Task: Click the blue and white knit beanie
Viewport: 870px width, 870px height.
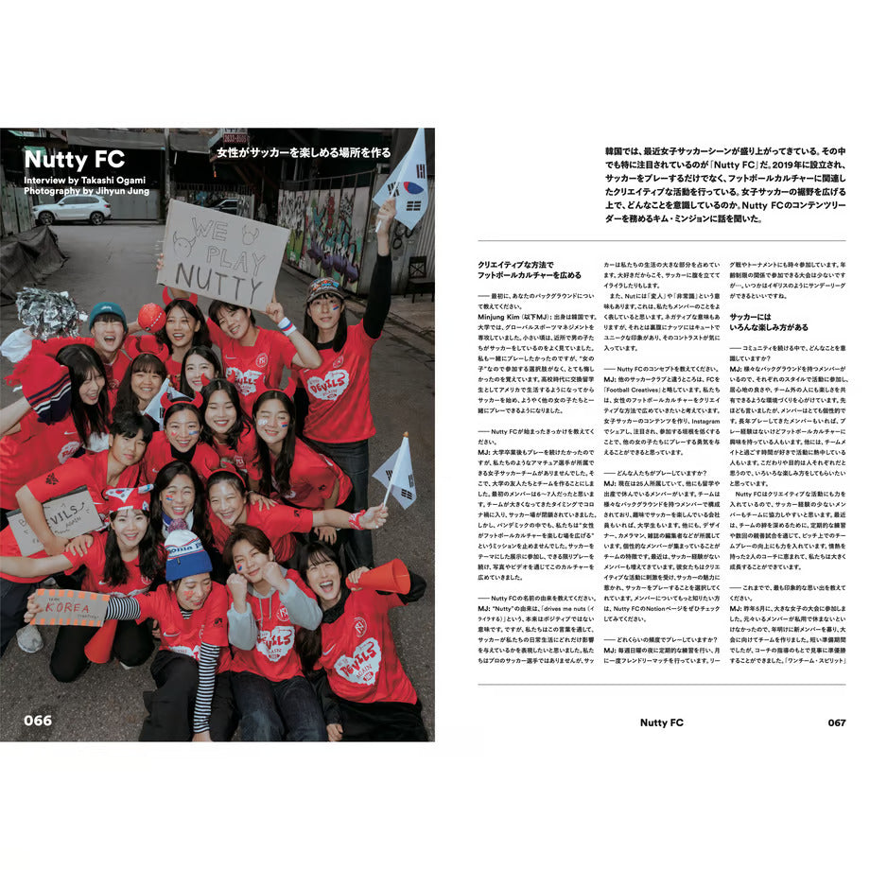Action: point(188,555)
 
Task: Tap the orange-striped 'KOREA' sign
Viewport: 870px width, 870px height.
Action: point(72,606)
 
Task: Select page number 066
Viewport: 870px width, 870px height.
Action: point(38,721)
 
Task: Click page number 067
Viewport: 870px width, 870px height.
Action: point(836,722)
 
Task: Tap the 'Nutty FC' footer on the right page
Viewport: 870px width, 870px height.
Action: point(661,722)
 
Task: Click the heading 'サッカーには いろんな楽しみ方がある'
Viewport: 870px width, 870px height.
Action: point(769,322)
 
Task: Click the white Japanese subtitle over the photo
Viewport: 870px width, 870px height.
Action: point(303,152)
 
